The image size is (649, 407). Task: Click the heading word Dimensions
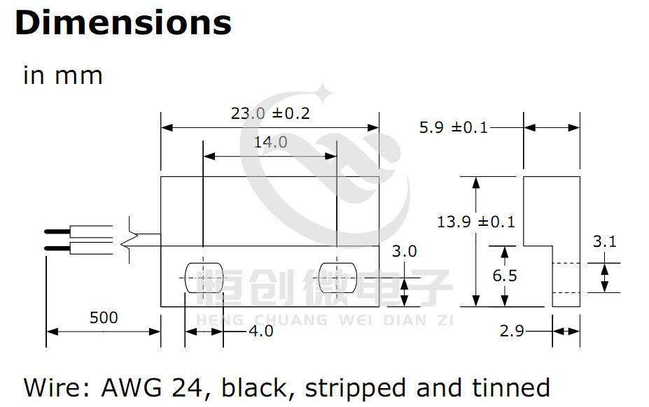[x=123, y=22]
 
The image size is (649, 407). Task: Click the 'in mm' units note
[x=63, y=76]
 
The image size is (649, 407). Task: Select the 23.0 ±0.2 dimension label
[x=270, y=113]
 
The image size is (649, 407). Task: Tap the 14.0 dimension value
[x=270, y=142]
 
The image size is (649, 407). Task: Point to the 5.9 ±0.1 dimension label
[x=454, y=127]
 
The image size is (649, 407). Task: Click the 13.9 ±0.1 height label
[x=476, y=222]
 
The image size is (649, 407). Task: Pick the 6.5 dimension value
[x=505, y=276]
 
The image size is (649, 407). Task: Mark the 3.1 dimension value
[x=604, y=241]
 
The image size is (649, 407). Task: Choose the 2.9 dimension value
[x=512, y=331]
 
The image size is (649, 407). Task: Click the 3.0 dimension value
[x=404, y=251]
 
